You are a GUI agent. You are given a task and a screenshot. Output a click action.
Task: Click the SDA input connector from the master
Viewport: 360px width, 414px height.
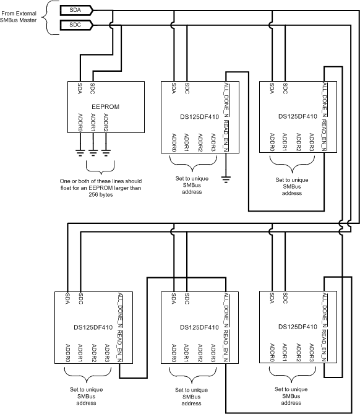(x=77, y=11)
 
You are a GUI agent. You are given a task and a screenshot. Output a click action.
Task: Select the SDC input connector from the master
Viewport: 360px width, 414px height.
(x=77, y=25)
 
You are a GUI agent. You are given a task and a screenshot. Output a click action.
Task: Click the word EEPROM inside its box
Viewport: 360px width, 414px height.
(x=106, y=106)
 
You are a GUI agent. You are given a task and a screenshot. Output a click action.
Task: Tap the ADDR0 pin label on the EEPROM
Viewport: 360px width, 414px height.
(x=80, y=123)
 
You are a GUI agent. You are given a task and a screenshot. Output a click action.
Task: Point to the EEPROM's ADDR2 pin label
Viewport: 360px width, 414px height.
(x=106, y=123)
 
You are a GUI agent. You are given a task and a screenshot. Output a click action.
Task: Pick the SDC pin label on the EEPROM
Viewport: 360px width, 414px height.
(x=92, y=88)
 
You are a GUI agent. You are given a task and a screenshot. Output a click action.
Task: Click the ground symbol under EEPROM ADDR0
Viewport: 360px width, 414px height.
(x=80, y=153)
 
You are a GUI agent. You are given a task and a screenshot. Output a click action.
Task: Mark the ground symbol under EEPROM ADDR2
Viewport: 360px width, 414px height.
(x=106, y=153)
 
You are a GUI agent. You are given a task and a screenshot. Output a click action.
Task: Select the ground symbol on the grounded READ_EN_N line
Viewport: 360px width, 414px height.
(x=226, y=180)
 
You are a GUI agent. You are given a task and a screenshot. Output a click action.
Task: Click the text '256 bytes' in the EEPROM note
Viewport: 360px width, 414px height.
(x=101, y=195)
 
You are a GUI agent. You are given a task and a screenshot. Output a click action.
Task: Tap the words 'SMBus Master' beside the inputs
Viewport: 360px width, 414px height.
(x=18, y=20)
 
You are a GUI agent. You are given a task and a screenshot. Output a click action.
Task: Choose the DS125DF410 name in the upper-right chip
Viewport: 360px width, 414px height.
(x=298, y=116)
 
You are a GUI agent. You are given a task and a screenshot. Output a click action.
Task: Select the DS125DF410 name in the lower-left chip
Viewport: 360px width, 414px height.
(x=93, y=327)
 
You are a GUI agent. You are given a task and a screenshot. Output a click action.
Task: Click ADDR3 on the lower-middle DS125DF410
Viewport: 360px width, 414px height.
(x=213, y=353)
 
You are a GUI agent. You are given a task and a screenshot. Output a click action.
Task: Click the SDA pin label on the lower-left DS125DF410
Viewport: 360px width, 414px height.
(x=67, y=298)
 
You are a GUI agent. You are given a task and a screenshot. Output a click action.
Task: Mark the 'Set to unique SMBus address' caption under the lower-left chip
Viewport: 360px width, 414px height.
(x=87, y=396)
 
